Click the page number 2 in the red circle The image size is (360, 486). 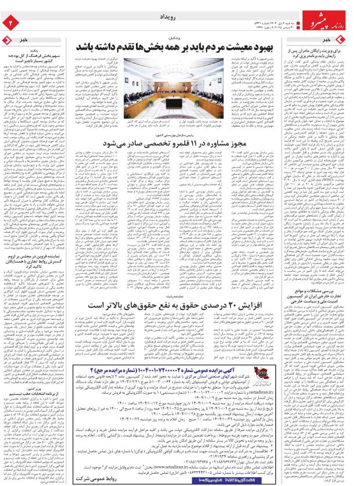pos(9,23)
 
